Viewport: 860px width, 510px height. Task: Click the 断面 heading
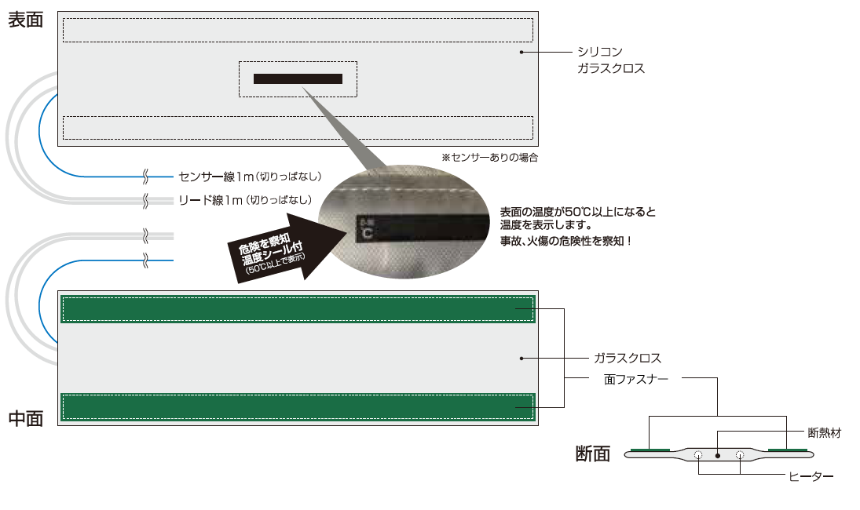592,454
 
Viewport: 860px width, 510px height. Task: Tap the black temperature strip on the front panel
298,78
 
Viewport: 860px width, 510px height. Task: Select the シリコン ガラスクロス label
611,60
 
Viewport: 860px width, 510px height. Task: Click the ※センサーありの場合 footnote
489,158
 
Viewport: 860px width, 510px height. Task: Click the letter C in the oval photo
368,233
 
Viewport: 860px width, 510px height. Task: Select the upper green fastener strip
297,310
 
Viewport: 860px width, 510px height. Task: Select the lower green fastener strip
297,407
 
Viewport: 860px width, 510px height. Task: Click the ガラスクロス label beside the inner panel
628,359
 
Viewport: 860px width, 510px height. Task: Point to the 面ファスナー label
636,379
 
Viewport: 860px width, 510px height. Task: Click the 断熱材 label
825,432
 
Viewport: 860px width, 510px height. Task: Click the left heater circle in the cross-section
697,454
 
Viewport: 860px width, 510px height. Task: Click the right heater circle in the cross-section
739,454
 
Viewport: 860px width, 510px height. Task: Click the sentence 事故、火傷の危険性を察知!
566,241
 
